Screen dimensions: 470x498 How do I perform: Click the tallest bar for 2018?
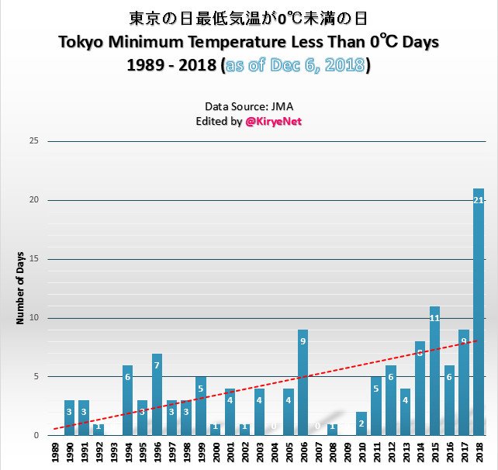point(479,310)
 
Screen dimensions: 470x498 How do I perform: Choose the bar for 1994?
point(128,400)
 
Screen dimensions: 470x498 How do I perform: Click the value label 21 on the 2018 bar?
point(479,200)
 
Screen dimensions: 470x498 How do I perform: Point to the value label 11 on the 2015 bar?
point(434,318)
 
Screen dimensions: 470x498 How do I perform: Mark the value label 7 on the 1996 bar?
point(157,365)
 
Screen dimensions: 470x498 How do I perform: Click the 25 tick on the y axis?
point(33,141)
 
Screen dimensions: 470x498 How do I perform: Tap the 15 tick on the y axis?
point(33,259)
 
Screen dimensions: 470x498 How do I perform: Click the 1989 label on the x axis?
point(55,453)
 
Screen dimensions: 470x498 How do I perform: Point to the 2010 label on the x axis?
point(361,453)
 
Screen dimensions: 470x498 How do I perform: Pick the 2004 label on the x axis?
point(274,453)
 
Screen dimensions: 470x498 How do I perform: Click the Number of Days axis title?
point(21,289)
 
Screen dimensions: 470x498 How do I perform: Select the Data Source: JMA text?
point(248,106)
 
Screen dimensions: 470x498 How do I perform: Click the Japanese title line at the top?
point(248,17)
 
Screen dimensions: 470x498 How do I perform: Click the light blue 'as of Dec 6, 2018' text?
point(295,65)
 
